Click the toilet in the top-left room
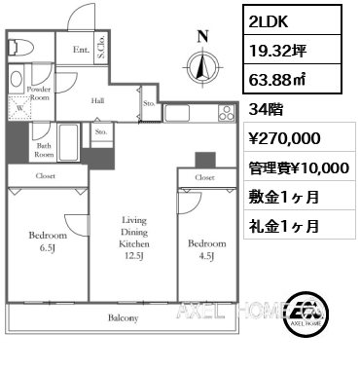[21, 48]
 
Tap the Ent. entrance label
[81, 50]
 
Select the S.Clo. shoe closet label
[101, 48]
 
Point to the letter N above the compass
[203, 36]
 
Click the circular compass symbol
[203, 67]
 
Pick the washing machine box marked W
[19, 108]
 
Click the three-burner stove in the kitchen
[227, 113]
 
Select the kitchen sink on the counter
[177, 114]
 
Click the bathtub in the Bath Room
[68, 142]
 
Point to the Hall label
[97, 101]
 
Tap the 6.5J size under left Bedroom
[48, 248]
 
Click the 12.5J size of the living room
[134, 256]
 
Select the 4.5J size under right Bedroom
[207, 256]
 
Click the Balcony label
[124, 318]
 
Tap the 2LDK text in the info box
[269, 21]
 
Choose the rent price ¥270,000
[284, 138]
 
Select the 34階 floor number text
[266, 110]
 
